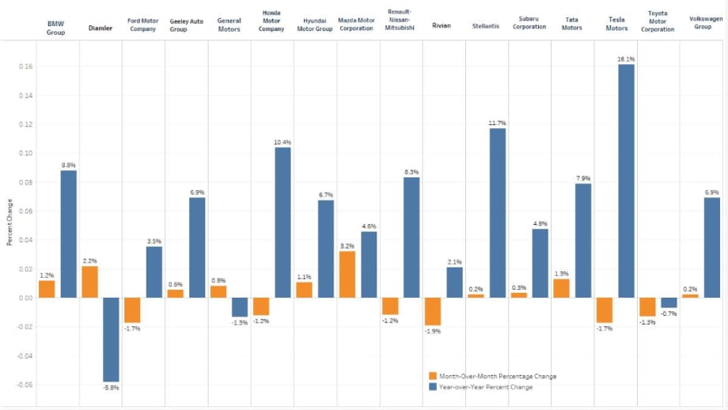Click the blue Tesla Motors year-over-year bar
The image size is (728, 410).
[626, 181]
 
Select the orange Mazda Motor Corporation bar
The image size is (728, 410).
[347, 275]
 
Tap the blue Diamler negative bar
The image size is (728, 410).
[111, 340]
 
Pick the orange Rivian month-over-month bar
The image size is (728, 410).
[433, 311]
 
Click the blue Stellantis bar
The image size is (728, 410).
[498, 213]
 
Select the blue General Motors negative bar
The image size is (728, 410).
[240, 307]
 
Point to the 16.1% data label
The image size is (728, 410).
[626, 59]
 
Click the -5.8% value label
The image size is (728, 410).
[111, 387]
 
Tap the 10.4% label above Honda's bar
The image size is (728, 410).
[282, 142]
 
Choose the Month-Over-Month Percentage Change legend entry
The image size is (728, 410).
[493, 376]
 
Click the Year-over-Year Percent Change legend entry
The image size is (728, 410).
[480, 387]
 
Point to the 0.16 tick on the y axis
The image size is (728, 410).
[26, 66]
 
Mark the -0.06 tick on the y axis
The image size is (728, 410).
[25, 385]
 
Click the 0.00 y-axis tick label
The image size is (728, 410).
[26, 298]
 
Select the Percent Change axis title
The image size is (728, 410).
[9, 222]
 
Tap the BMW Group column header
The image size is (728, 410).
[55, 28]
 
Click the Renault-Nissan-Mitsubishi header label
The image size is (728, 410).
[400, 20]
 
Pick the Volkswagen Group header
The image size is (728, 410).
[706, 23]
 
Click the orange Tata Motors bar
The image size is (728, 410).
[561, 288]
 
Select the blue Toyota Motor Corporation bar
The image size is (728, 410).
[669, 302]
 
